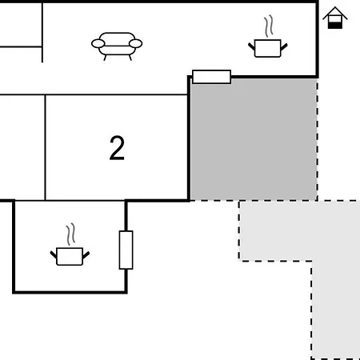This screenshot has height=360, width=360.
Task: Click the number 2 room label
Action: [117, 148]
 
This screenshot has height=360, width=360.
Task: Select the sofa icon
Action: [117, 46]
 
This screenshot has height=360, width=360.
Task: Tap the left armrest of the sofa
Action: [98, 43]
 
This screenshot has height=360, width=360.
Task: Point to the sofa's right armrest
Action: [136, 43]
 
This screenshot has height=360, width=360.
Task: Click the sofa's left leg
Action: [105, 58]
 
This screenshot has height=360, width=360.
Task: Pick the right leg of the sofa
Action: [130, 58]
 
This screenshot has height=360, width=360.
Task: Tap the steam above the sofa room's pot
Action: [269, 26]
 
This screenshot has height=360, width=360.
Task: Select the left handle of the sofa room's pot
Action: [251, 46]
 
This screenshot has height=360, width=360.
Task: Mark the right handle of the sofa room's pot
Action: [284, 46]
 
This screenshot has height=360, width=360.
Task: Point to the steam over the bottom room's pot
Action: [71, 234]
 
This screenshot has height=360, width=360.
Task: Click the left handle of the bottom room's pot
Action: [54, 254]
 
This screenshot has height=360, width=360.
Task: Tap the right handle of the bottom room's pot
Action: [86, 254]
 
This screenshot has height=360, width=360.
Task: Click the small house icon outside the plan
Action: [335, 18]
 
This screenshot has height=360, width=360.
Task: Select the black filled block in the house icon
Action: [335, 26]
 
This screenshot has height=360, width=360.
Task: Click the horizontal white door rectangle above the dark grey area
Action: [211, 77]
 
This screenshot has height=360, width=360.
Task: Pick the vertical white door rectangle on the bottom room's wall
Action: [126, 250]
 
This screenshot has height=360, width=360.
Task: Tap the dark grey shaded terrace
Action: [254, 138]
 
